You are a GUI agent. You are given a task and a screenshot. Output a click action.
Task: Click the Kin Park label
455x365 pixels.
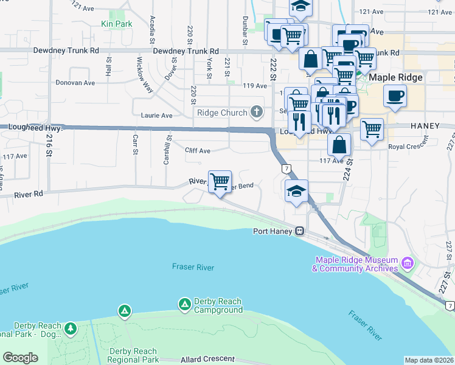point(116,24)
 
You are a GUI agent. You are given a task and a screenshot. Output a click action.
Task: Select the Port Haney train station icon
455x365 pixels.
point(299,231)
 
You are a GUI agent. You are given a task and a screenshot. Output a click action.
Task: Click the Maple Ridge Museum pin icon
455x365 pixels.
point(407,264)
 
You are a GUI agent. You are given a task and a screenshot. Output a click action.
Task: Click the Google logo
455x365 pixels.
point(20,358)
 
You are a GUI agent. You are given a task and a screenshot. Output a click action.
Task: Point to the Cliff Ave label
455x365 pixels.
point(198,150)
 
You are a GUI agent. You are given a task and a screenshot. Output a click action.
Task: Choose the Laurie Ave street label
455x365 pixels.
point(156,115)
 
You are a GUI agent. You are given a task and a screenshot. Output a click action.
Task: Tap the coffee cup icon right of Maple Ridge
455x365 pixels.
point(395,96)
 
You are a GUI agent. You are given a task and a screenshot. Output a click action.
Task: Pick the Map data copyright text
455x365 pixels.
point(429,360)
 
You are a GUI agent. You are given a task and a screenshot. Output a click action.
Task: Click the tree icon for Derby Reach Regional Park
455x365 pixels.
point(71,328)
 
